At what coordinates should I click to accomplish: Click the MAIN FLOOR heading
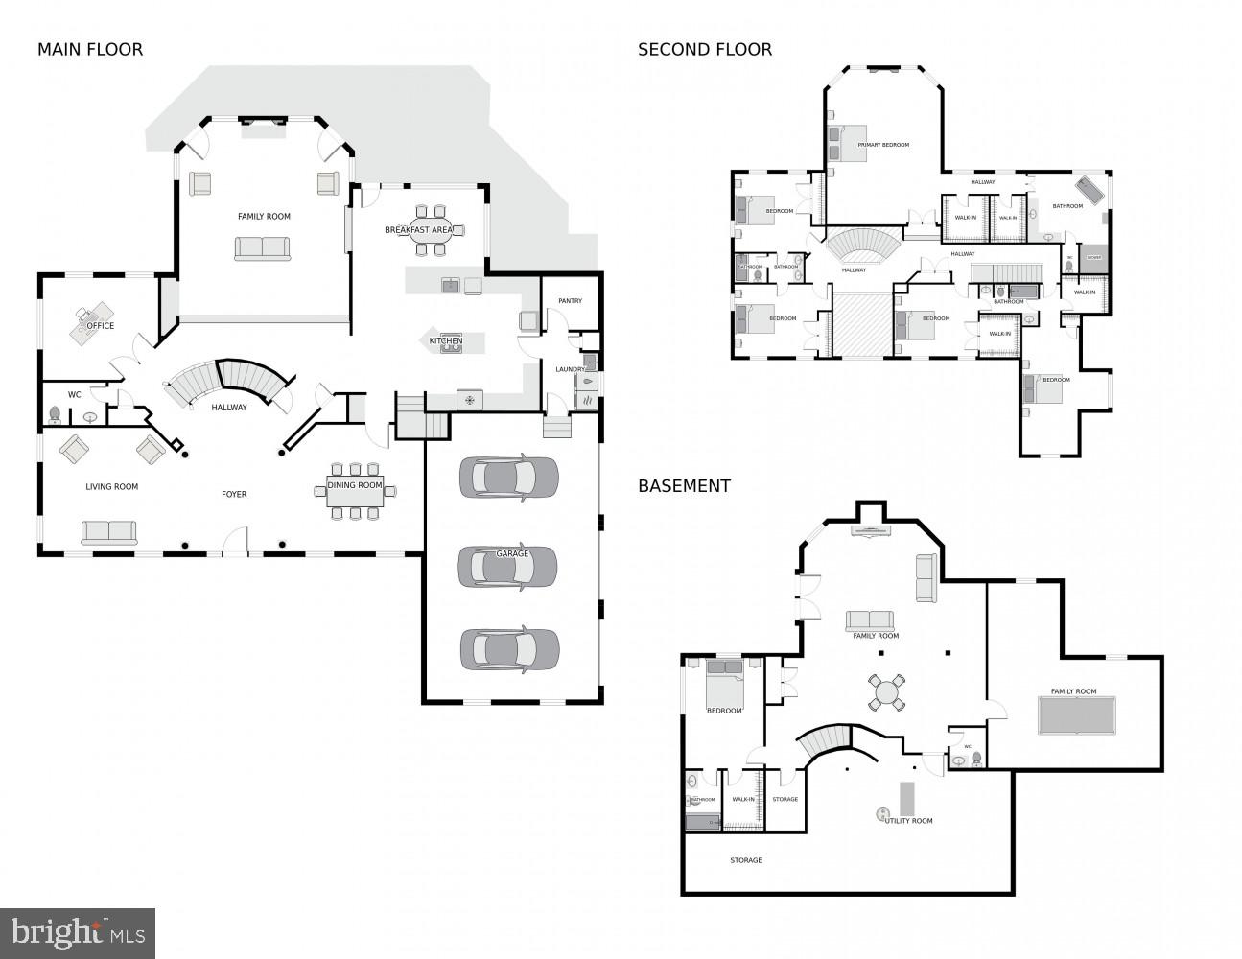(89, 50)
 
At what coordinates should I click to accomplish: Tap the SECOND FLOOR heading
(704, 50)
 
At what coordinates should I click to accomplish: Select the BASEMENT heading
(684, 486)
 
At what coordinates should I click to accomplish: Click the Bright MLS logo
(78, 932)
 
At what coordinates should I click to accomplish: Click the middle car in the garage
(507, 567)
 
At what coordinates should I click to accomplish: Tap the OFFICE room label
(100, 326)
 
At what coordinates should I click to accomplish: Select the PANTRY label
(570, 301)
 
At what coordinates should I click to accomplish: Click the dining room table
(355, 490)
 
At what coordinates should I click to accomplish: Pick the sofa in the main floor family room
(262, 248)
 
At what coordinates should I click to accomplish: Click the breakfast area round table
(431, 230)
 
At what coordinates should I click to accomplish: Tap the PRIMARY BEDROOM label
(883, 145)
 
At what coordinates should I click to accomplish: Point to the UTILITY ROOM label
(908, 821)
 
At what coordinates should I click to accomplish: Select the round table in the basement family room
(886, 691)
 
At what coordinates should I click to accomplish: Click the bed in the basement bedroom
(725, 682)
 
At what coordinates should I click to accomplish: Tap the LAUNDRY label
(570, 369)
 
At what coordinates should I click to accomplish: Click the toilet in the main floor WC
(55, 414)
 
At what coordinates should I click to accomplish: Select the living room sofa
(108, 532)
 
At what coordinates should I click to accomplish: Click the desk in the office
(92, 320)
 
